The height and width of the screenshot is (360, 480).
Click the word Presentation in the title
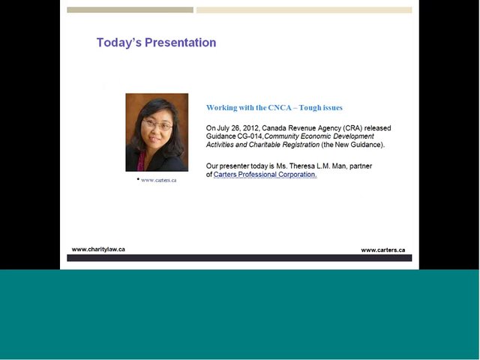(180, 43)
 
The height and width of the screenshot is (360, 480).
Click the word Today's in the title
(119, 43)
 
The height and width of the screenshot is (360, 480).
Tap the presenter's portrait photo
(157, 132)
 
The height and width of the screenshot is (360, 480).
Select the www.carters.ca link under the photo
(158, 180)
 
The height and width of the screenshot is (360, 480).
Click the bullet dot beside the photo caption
(138, 178)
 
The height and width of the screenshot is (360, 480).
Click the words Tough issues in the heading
(320, 108)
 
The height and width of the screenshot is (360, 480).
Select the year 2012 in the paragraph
(250, 128)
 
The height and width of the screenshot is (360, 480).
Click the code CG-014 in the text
(250, 136)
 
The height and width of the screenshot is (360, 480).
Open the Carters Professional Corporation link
(265, 175)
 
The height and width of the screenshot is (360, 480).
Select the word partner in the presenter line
(361, 166)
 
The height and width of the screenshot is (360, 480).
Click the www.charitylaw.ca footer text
(98, 249)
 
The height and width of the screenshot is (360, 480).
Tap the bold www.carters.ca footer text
(383, 250)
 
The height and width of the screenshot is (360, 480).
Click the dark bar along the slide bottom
(239, 258)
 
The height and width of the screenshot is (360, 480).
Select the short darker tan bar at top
(130, 10)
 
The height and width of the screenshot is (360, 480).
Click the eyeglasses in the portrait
(157, 124)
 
